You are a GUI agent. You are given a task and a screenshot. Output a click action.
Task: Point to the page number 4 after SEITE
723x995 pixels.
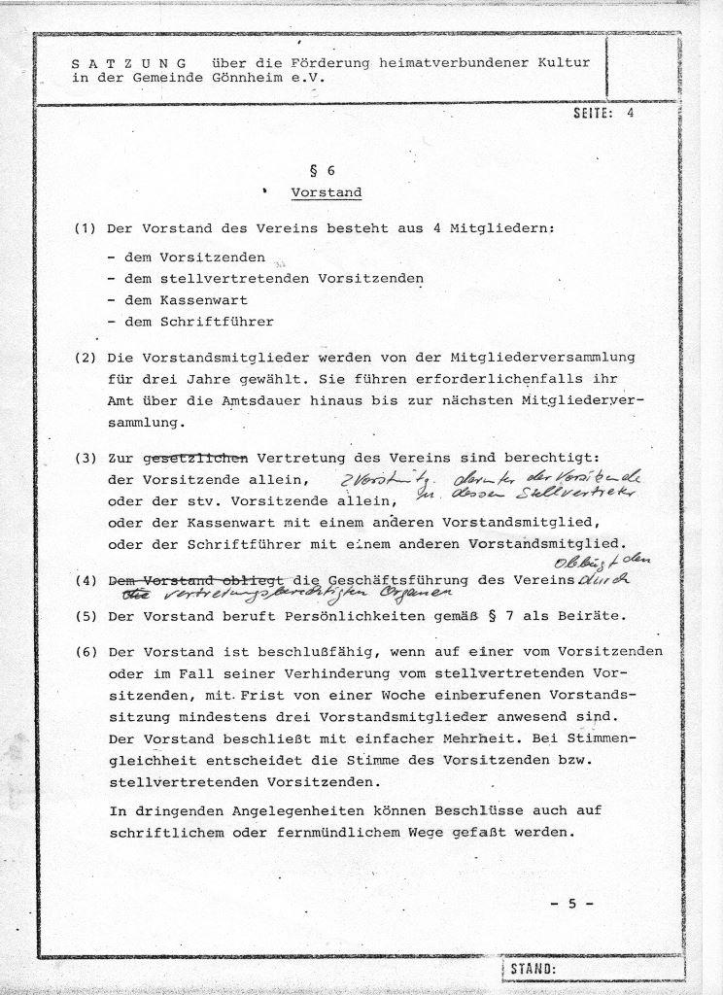pos(630,114)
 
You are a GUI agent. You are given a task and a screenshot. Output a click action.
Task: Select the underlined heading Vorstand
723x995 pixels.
pos(327,192)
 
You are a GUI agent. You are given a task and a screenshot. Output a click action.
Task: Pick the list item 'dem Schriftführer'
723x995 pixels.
pos(190,321)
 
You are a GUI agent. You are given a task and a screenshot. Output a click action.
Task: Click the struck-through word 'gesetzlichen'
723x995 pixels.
pos(195,459)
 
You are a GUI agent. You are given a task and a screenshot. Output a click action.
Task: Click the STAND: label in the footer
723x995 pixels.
pos(532,970)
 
